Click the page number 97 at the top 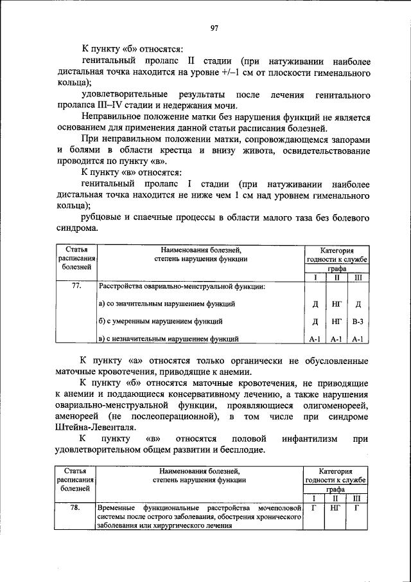click(x=214, y=27)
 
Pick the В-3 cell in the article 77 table click(x=358, y=320)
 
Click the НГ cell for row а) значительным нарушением click(x=337, y=304)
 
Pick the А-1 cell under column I click(x=315, y=338)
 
